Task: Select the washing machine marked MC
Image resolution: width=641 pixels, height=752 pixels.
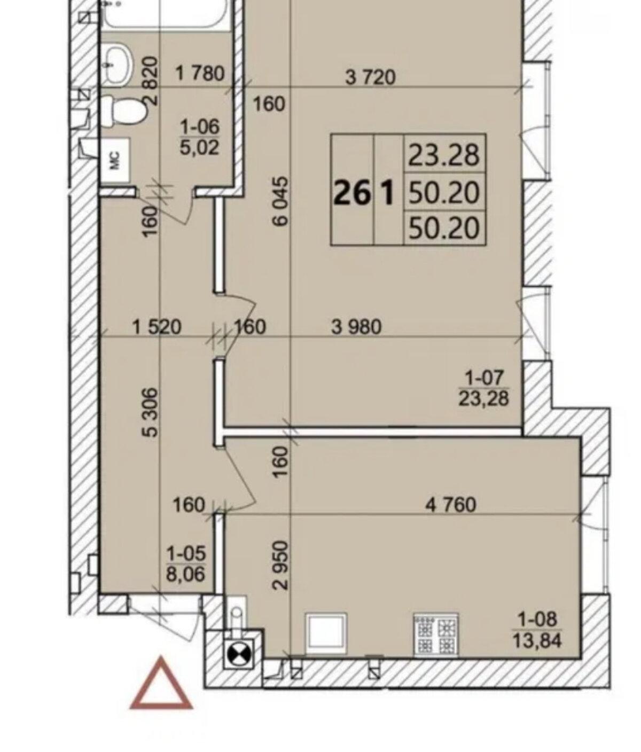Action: coord(115,160)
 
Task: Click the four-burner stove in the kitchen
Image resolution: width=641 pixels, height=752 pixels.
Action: coord(436,637)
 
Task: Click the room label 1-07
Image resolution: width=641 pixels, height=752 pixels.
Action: coord(485,378)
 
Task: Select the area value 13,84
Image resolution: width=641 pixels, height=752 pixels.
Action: coord(537,650)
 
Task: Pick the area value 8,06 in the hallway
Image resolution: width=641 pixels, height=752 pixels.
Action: coord(186,575)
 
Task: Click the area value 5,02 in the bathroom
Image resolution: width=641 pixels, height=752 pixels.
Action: coord(200,148)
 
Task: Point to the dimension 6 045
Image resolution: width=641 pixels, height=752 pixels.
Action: coord(282,201)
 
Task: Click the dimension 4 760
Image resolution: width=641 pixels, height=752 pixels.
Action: coord(451,505)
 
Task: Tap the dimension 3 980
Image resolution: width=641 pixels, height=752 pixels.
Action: coord(356,327)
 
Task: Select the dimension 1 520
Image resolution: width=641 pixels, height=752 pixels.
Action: coord(157,327)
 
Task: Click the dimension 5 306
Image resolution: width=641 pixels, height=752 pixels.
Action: coord(150,412)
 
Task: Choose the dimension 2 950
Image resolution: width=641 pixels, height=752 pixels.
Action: coord(282,565)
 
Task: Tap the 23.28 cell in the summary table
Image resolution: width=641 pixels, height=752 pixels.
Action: coord(444,155)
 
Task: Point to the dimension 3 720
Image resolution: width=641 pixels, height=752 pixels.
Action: coord(370,77)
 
